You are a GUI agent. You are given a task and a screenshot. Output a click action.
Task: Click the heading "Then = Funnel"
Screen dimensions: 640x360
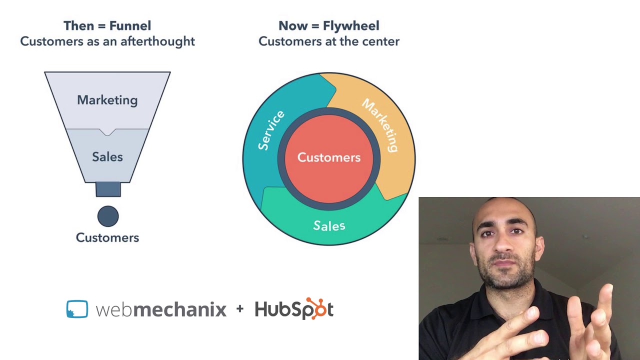107,25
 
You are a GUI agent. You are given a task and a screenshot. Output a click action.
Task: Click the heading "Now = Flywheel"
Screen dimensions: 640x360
328,25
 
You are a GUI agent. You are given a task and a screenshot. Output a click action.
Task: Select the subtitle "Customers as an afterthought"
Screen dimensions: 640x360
107,41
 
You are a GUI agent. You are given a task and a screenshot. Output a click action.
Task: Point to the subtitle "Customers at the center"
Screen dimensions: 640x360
328,41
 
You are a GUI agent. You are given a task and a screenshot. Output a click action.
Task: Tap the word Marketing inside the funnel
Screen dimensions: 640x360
107,100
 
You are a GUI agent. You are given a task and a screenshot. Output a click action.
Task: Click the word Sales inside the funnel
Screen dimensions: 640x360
107,157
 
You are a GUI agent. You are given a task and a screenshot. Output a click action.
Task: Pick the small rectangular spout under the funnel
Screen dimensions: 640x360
108,189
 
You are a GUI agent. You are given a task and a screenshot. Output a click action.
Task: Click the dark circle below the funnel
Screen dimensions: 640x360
108,216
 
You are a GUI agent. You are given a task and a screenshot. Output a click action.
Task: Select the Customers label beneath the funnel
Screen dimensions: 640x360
107,237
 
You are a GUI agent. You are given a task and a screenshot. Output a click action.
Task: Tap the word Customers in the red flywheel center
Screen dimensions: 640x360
328,157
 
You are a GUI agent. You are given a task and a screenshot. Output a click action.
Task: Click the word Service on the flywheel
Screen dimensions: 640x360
271,130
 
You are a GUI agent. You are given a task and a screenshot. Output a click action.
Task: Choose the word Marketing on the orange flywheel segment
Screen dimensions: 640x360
381,125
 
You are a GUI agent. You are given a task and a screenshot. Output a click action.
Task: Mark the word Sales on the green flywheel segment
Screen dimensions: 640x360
328,225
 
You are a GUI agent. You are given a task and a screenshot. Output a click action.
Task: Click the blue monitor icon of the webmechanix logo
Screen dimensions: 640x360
77,309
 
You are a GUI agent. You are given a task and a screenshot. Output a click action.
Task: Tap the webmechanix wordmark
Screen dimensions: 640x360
160,309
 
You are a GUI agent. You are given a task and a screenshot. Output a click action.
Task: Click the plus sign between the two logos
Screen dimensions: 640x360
240,309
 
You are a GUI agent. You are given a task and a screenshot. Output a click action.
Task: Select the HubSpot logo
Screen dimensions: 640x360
294,309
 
